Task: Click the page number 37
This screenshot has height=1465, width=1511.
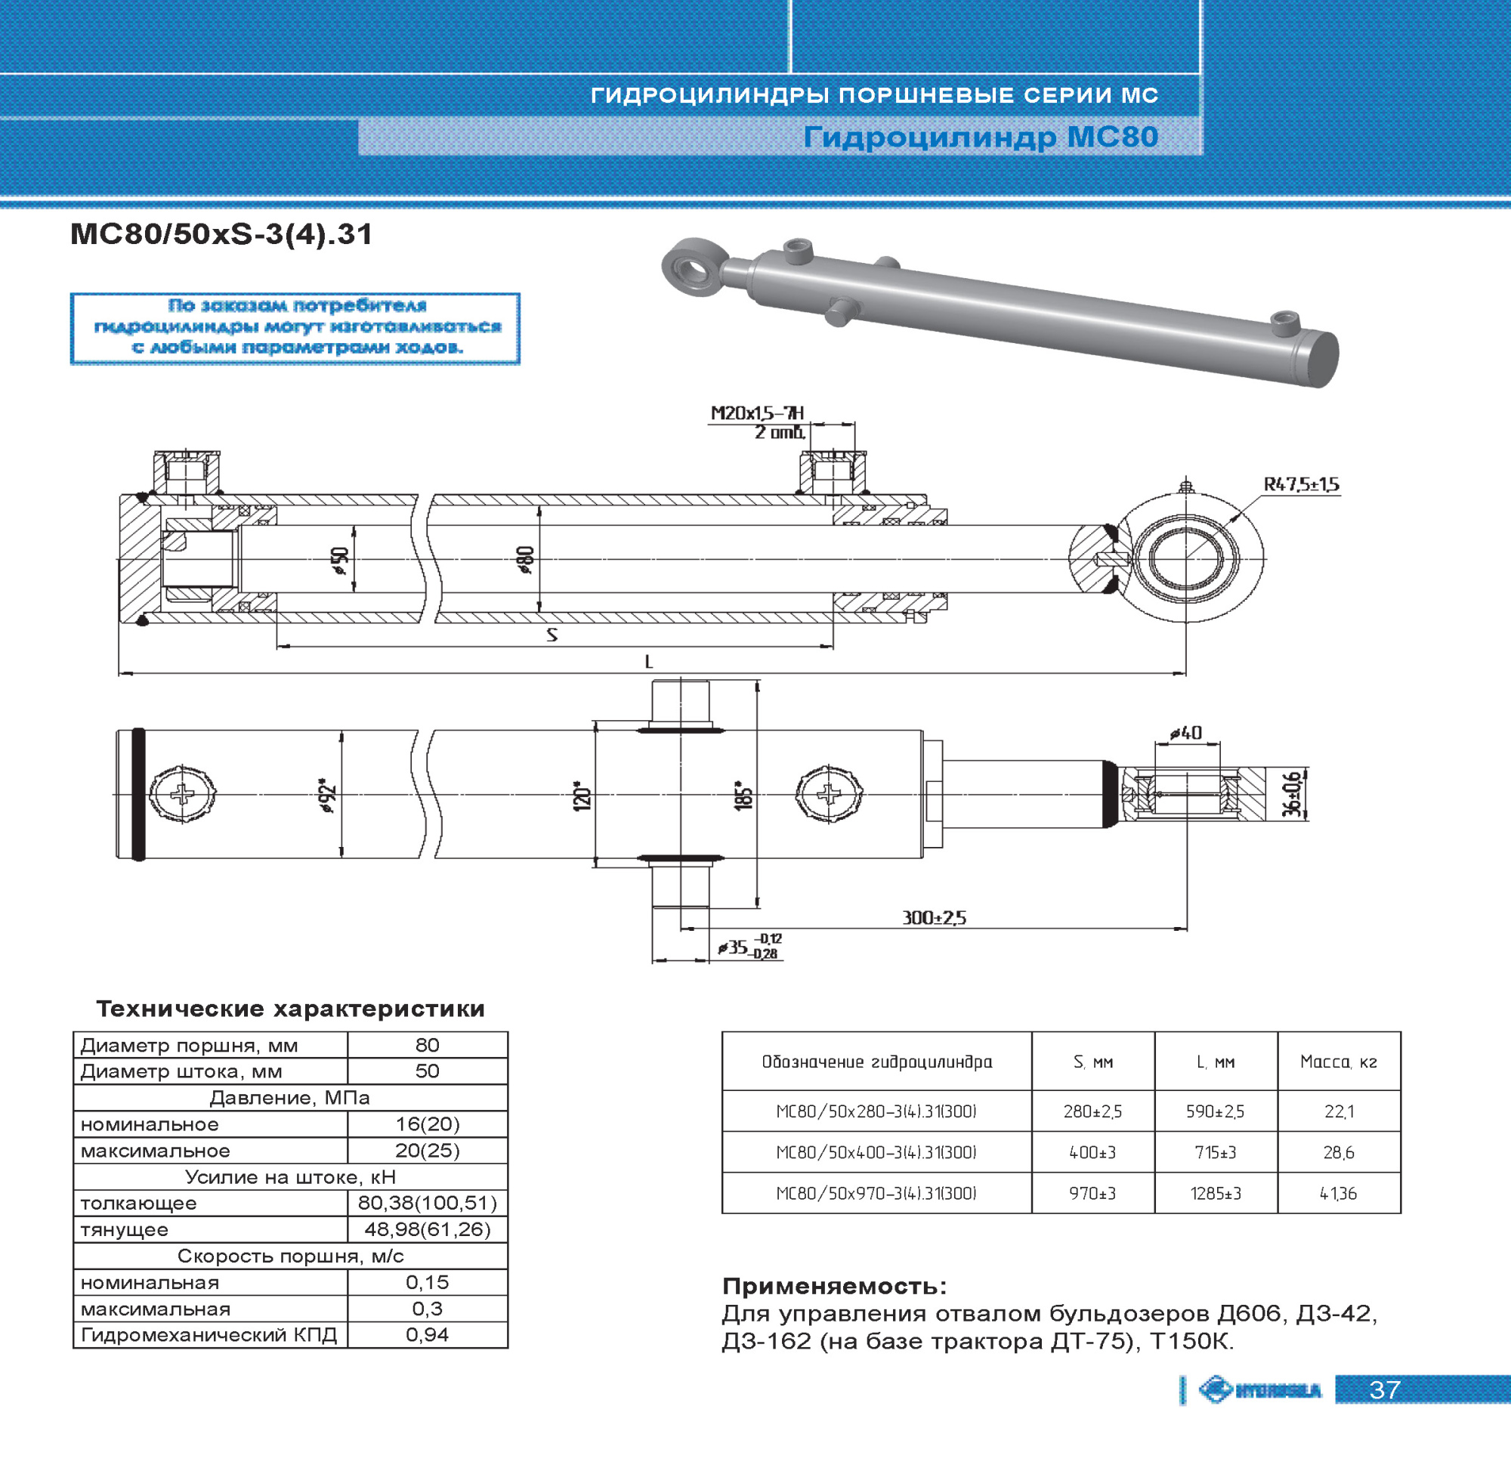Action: [x=1385, y=1390]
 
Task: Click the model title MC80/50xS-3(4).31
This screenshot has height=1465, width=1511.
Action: [x=221, y=233]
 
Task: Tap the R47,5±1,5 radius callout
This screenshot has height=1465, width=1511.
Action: [x=1301, y=485]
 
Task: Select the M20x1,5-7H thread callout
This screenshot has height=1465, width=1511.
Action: [x=757, y=413]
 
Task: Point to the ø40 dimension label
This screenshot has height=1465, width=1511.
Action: [x=1185, y=734]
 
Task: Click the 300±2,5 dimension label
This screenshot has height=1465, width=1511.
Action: [x=934, y=917]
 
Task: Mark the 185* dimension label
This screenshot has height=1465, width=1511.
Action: [x=743, y=795]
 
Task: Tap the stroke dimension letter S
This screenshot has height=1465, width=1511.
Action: [x=552, y=635]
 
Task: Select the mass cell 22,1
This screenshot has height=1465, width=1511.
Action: [x=1339, y=1111]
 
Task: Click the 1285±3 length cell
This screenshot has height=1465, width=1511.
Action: [x=1216, y=1194]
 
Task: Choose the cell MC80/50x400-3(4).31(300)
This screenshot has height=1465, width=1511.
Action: [x=876, y=1153]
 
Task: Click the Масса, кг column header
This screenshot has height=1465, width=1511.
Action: [x=1338, y=1062]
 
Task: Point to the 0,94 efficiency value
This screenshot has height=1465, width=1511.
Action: [x=427, y=1335]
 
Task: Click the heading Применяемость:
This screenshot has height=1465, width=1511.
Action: [x=834, y=1286]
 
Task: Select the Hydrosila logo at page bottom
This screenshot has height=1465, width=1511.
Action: [x=1259, y=1390]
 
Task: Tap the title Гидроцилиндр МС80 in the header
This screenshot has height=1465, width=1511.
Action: [x=981, y=138]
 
